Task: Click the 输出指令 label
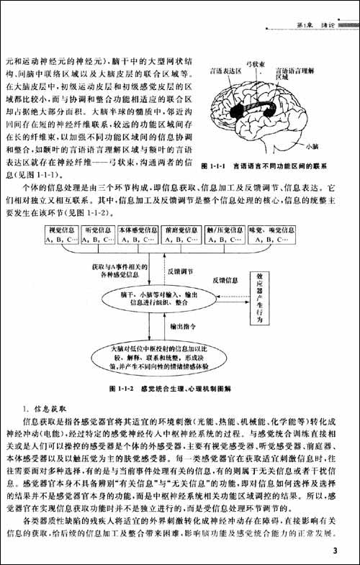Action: (184, 327)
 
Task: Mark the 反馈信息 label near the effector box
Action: (225, 280)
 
